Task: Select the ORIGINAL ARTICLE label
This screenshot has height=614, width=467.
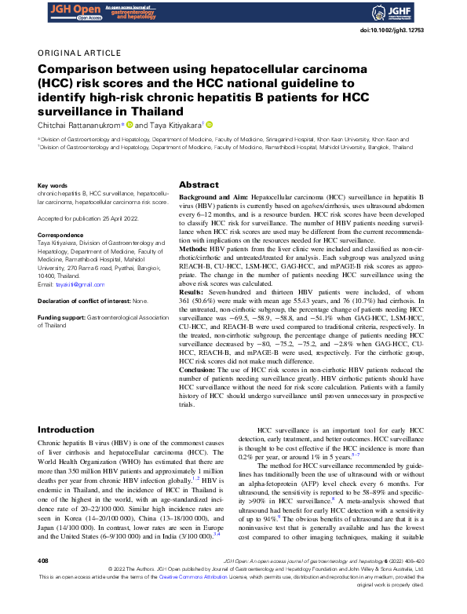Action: click(x=75, y=54)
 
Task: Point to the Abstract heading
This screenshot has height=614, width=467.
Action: click(x=199, y=185)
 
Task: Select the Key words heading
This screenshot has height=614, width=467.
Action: click(x=53, y=186)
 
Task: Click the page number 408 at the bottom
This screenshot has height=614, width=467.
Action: click(x=44, y=583)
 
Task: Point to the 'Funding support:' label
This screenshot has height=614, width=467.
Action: click(x=64, y=316)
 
